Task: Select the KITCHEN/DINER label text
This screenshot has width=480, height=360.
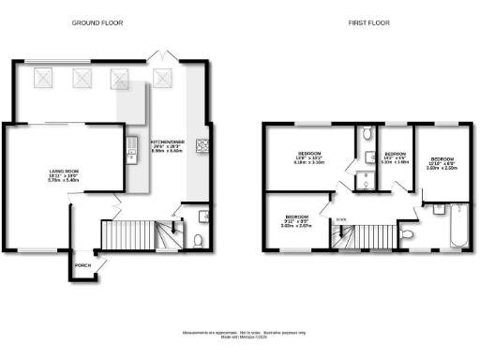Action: point(166,145)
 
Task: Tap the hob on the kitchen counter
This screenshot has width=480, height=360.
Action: point(202,144)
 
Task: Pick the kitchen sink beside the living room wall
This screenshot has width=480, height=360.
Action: point(132,145)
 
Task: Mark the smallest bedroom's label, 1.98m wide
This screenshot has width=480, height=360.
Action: point(396,158)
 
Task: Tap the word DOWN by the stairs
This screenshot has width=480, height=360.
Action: point(340,221)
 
